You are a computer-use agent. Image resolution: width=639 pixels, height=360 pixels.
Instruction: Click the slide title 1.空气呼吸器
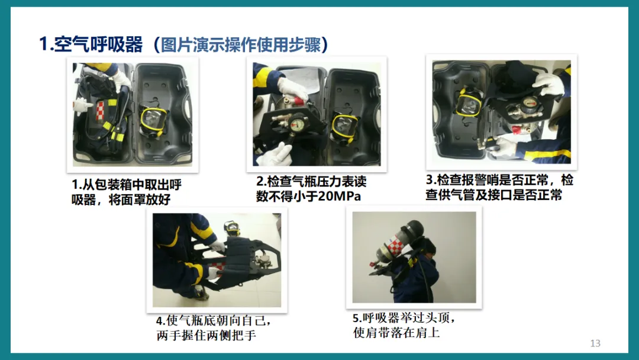(x=91, y=44)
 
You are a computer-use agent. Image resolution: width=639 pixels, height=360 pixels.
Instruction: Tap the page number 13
(x=595, y=343)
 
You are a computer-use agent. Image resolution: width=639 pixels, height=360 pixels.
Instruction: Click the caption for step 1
(x=127, y=192)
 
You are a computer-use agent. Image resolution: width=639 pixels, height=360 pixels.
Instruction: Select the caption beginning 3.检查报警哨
(x=499, y=187)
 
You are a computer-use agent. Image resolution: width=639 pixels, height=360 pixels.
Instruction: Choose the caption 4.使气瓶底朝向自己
(x=214, y=328)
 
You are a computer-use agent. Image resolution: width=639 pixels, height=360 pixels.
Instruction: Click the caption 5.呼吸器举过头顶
(x=404, y=325)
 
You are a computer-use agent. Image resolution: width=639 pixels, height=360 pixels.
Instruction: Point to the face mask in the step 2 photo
(x=345, y=127)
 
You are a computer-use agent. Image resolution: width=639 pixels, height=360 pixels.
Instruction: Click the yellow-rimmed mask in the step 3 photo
(x=469, y=101)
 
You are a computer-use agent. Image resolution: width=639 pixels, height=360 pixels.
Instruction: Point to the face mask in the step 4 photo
(x=232, y=229)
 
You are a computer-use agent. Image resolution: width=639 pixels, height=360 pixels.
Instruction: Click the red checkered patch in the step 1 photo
(x=100, y=111)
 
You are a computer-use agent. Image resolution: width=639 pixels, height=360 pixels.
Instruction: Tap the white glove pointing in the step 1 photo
(x=83, y=105)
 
